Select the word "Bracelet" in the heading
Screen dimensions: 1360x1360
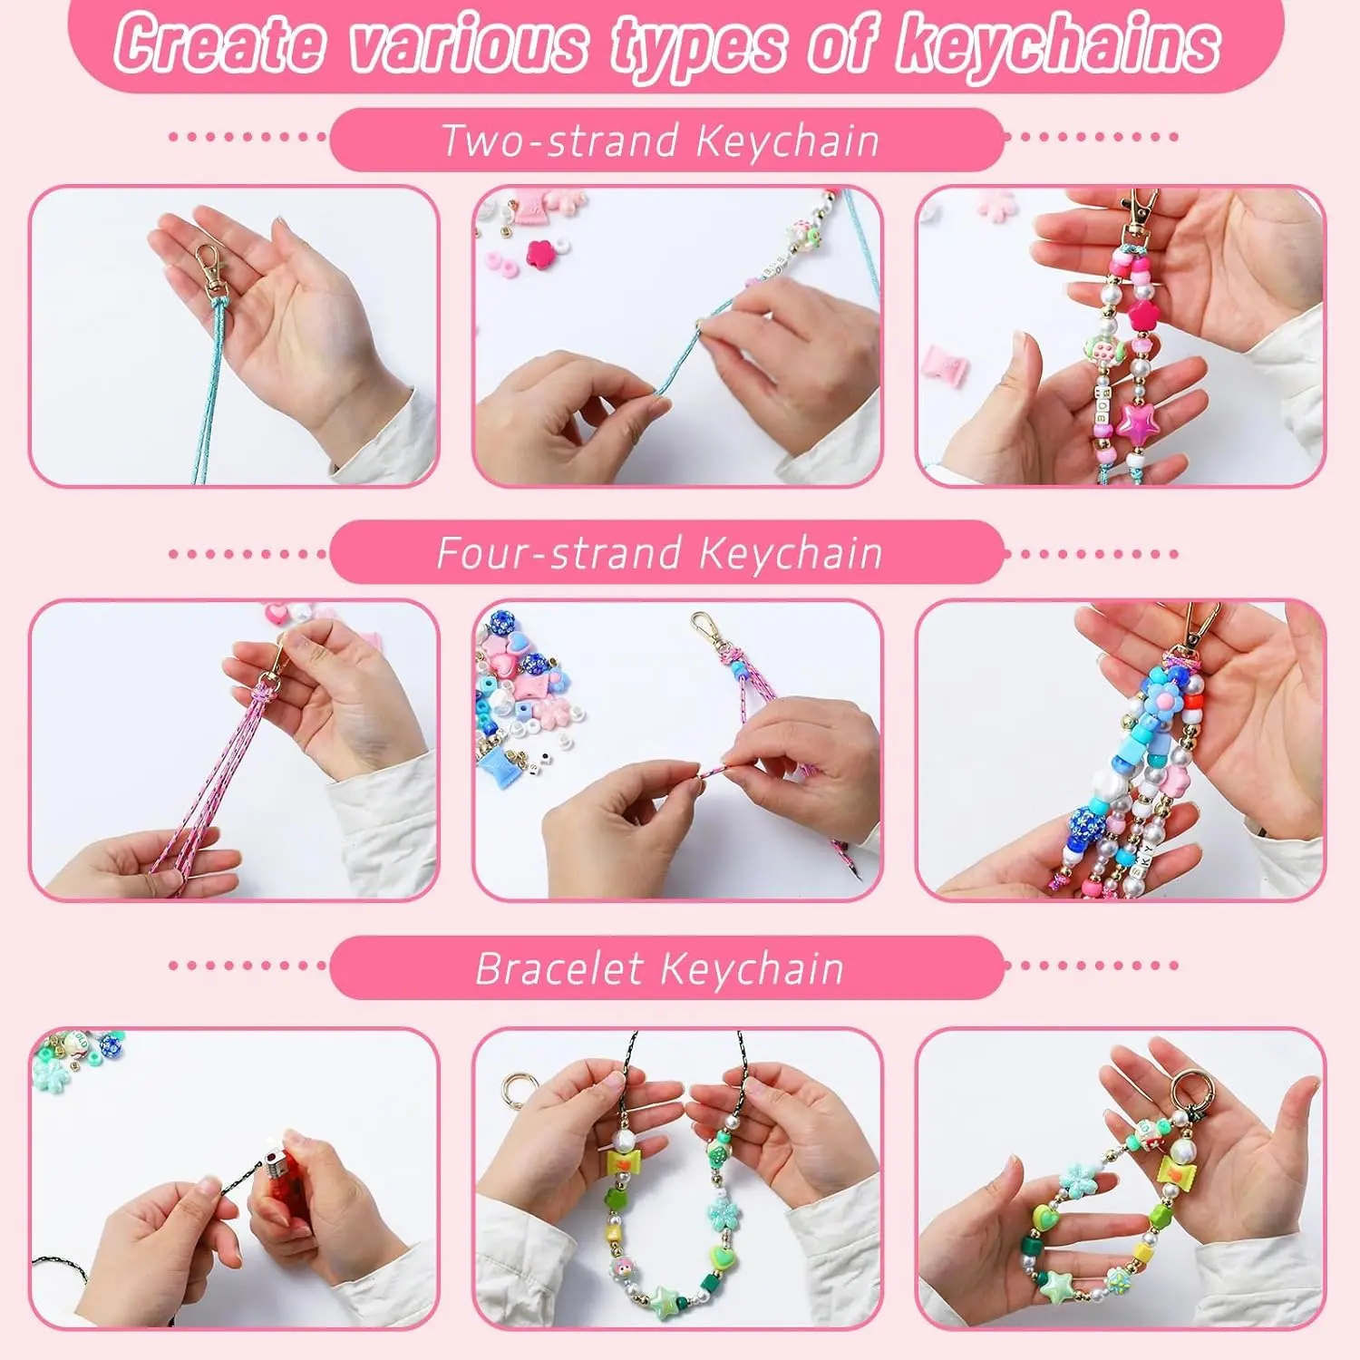pyautogui.click(x=559, y=968)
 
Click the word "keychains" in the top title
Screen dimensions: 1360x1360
pyautogui.click(x=1058, y=45)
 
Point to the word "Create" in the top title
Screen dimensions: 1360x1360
pyautogui.click(x=220, y=43)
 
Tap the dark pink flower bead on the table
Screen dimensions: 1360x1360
pyautogui.click(x=541, y=250)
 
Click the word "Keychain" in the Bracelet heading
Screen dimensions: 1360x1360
pyautogui.click(x=752, y=968)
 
